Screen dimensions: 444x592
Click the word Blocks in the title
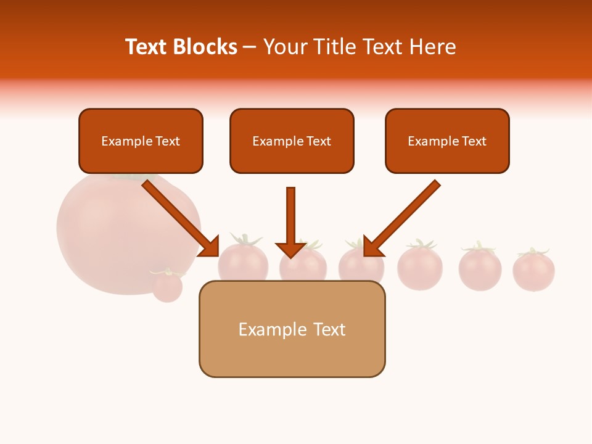[206, 47]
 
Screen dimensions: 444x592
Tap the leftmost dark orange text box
[141, 141]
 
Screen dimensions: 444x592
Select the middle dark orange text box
[292, 141]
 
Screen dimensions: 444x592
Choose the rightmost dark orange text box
[447, 141]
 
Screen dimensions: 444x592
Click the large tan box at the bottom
[292, 329]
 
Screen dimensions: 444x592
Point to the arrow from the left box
[179, 216]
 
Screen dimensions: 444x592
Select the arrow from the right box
[404, 216]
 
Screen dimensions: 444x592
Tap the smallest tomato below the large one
[167, 286]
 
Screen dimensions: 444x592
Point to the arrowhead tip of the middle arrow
[291, 257]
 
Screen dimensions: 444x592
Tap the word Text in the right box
[474, 141]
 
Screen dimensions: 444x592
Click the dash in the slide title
[250, 47]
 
